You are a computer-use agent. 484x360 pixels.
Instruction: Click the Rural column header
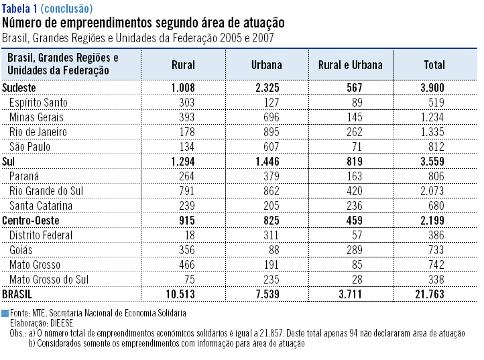[x=183, y=65]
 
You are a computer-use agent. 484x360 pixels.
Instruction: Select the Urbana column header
[x=267, y=65]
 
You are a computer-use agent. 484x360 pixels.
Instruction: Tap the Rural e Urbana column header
[x=351, y=65]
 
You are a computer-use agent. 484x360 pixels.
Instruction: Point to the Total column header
[x=434, y=65]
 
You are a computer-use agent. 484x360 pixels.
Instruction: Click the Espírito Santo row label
[x=38, y=103]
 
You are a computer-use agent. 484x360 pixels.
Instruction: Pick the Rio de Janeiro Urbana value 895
[x=271, y=132]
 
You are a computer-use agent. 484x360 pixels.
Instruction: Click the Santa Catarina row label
[x=41, y=206]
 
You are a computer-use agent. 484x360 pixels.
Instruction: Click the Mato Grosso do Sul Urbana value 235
[x=271, y=280]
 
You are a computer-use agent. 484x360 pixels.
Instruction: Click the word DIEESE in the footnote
[x=62, y=322]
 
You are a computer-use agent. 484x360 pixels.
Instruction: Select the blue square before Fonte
[x=5, y=313]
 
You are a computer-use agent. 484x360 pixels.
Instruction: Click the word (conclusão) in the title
[x=66, y=9]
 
